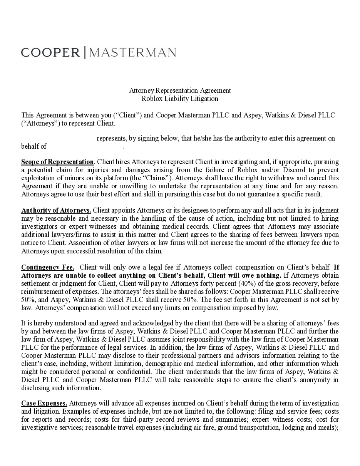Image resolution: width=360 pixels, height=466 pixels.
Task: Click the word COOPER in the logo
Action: (50, 52)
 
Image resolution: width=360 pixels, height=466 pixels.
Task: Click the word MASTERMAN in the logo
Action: (133, 52)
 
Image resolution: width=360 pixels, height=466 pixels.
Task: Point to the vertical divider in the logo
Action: (85, 52)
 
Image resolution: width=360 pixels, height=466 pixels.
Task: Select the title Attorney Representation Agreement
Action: (180, 91)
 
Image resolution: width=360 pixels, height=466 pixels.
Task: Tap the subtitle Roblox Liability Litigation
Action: (180, 99)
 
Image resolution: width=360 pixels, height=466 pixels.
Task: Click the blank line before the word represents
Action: (58, 139)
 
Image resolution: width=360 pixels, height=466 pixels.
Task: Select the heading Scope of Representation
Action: (57, 162)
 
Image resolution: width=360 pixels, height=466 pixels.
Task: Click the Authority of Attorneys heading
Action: (56, 210)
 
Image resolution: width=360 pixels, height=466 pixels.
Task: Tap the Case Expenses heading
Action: (44, 403)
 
